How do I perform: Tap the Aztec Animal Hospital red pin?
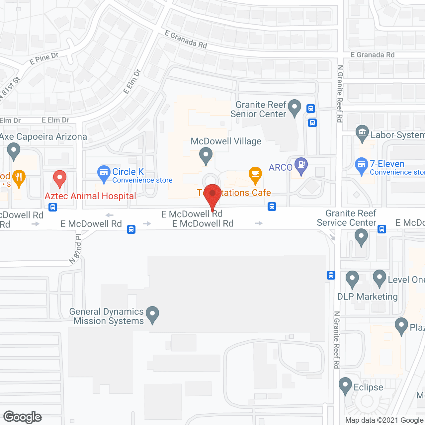click(60, 178)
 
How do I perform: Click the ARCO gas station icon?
click(301, 165)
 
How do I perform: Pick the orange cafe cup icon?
click(255, 175)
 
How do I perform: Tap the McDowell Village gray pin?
click(206, 155)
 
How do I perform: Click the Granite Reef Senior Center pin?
click(294, 107)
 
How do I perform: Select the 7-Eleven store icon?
click(362, 165)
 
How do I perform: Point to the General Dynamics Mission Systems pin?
click(152, 314)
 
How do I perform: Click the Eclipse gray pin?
click(345, 385)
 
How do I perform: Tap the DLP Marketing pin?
click(352, 279)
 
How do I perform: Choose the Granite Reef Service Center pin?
click(361, 237)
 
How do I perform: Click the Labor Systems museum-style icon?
click(362, 133)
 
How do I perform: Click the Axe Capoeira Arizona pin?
click(13, 150)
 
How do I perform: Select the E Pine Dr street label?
click(44, 59)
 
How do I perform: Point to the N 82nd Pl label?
click(76, 249)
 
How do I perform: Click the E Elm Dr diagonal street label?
click(132, 81)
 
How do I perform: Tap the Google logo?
click(23, 417)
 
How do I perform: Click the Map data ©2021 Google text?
click(384, 420)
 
